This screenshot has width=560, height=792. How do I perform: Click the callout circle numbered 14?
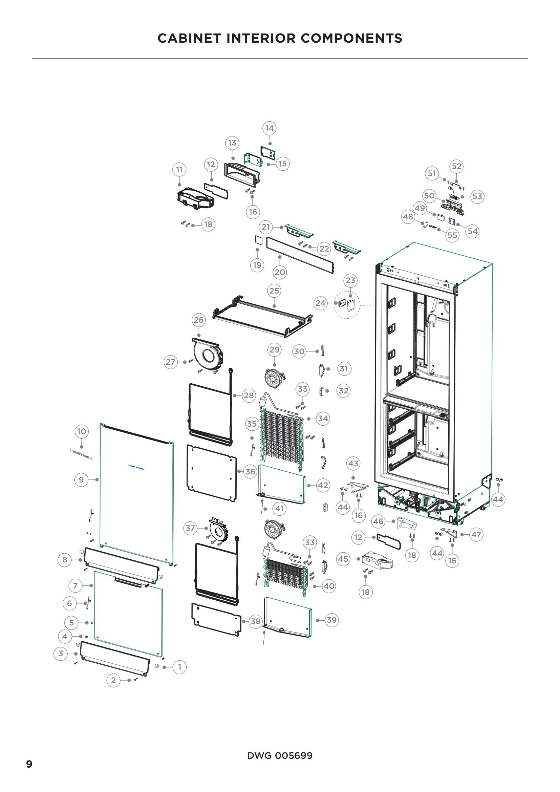pos(269,128)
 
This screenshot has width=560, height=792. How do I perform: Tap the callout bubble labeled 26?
pos(199,320)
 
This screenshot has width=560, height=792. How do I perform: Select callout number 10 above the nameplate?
pos(81,431)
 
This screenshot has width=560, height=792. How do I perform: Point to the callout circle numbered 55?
pos(452,235)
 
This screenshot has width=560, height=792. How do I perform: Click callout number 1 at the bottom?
pos(179,667)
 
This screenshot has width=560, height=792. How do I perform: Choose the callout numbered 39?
pos(331,620)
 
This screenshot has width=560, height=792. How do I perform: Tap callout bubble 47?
pos(476,535)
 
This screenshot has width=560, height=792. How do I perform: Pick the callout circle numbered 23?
pos(350,280)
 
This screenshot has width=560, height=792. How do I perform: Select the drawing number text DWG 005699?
pos(280,755)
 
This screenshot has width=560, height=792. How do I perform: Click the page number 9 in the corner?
pos(29,764)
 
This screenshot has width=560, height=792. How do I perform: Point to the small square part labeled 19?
pos(259,240)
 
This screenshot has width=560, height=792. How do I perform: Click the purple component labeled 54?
pos(452,220)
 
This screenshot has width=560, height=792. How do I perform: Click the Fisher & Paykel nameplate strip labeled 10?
pos(81,455)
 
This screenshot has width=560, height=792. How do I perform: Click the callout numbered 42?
pos(323,485)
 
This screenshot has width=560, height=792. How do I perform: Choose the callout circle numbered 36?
pos(250,471)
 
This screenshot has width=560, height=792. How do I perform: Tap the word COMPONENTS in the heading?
pos(351,38)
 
